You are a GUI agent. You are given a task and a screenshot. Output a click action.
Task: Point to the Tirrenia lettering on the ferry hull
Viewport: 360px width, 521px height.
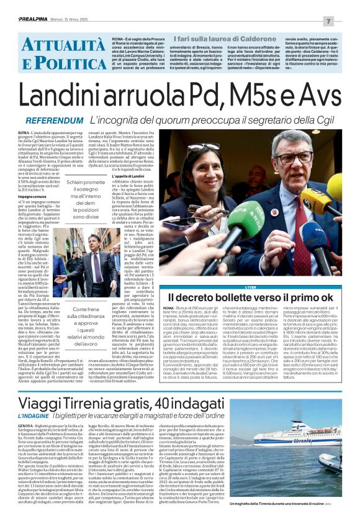point(298,442)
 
